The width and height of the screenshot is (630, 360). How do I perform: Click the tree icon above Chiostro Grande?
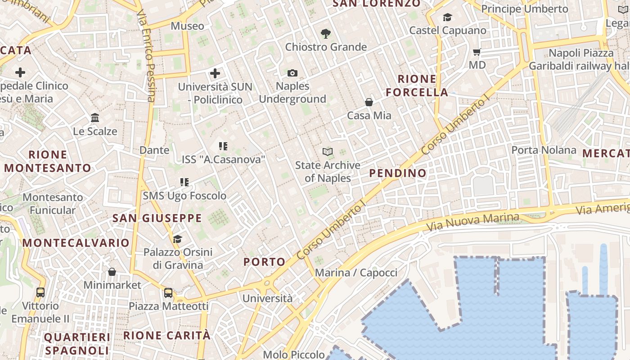(x=326, y=33)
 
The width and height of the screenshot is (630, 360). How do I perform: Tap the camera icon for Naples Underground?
(x=292, y=73)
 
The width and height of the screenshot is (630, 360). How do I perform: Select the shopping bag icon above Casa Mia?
(x=369, y=102)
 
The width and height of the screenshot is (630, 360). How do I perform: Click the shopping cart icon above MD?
(x=477, y=52)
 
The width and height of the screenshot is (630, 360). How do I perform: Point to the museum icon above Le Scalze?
(x=95, y=118)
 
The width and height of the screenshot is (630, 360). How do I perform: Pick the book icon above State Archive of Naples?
(x=328, y=152)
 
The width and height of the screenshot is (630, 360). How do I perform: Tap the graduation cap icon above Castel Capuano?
(x=447, y=18)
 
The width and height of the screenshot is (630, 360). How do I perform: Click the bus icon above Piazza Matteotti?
(x=168, y=293)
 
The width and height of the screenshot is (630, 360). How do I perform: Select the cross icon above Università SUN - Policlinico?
(x=215, y=73)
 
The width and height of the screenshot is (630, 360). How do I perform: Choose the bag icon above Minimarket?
(x=112, y=272)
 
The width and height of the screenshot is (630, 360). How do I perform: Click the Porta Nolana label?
(x=544, y=150)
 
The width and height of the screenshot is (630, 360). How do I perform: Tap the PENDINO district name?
(x=398, y=173)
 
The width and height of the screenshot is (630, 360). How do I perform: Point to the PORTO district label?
(x=265, y=262)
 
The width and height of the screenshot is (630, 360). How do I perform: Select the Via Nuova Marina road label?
(x=472, y=222)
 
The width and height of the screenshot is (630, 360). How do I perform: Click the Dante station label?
(x=154, y=150)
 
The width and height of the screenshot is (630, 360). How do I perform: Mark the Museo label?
(x=187, y=26)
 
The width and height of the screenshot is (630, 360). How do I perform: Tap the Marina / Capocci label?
(x=356, y=273)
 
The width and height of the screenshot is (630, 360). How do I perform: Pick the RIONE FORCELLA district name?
(x=417, y=86)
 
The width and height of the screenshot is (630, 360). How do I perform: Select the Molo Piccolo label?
(x=293, y=355)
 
